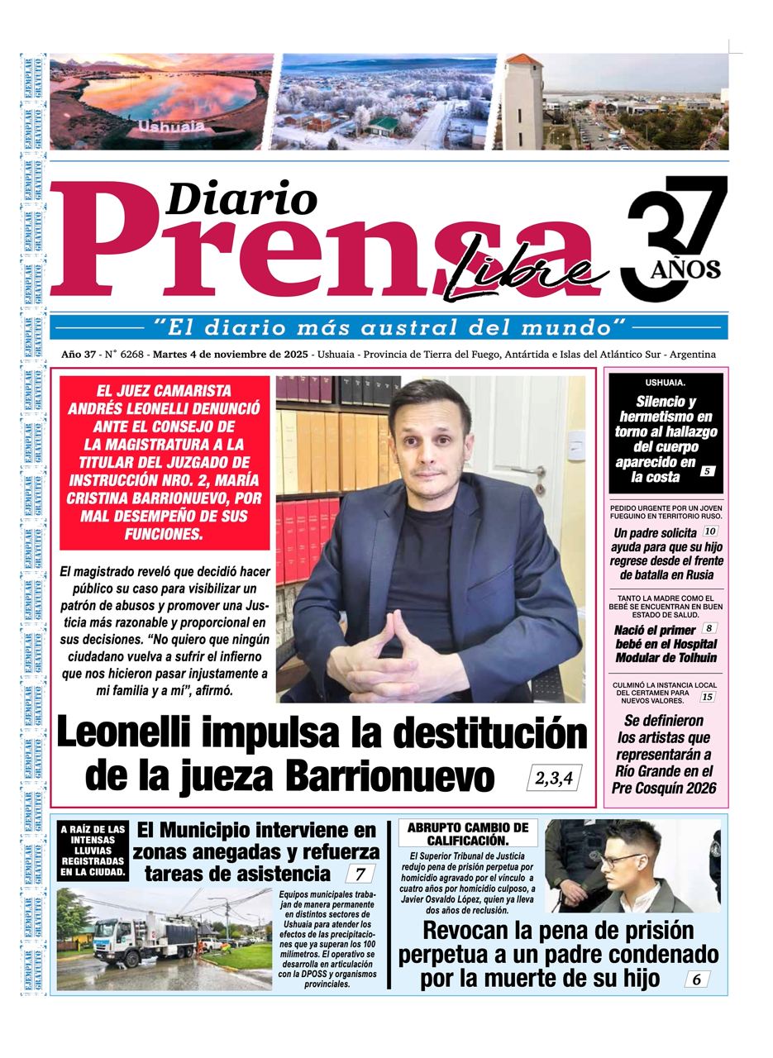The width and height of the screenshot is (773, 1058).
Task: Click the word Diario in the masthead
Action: click(x=241, y=199)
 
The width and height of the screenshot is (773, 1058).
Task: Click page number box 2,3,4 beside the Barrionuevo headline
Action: click(x=554, y=778)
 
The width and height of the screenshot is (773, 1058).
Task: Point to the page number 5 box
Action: click(x=707, y=471)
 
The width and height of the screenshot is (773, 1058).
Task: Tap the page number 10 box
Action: click(x=710, y=531)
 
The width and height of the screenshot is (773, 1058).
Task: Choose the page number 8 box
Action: click(x=709, y=628)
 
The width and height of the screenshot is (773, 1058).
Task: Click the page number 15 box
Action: click(x=707, y=697)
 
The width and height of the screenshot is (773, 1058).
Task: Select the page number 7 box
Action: click(x=360, y=874)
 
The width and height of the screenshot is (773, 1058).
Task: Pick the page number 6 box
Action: click(x=696, y=979)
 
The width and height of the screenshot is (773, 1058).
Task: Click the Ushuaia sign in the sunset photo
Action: click(x=171, y=126)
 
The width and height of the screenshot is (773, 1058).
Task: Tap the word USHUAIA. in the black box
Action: click(x=665, y=383)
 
